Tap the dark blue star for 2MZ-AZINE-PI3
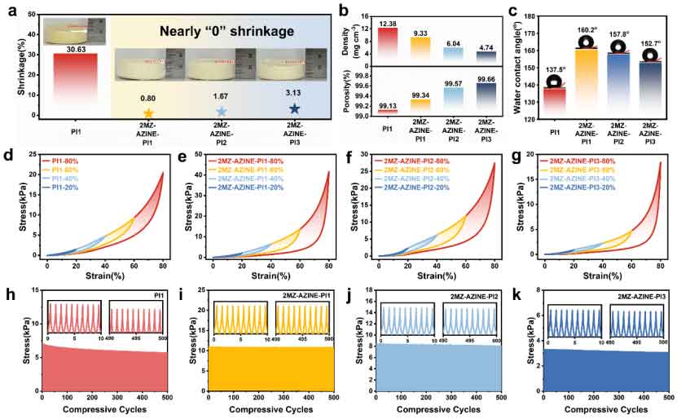coord(293,108)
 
